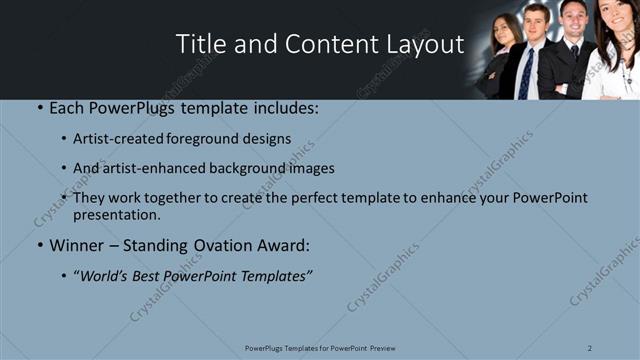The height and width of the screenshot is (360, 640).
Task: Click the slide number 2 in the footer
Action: (x=590, y=347)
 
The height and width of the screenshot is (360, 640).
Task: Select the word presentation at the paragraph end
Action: (x=116, y=214)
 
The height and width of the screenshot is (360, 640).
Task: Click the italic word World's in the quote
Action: (x=108, y=276)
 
